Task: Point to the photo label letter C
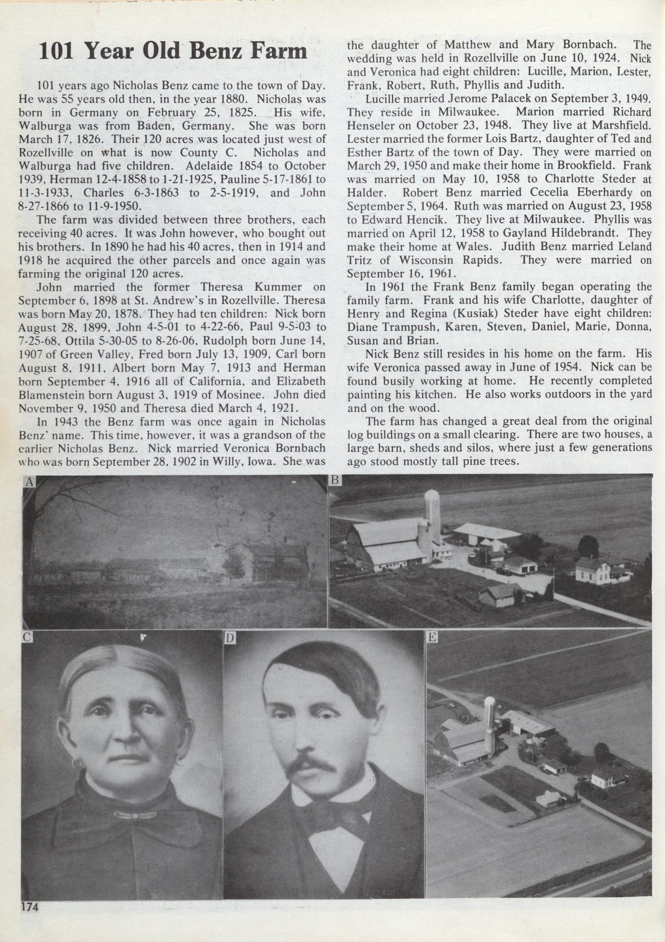tap(27, 637)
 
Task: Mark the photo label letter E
tap(432, 637)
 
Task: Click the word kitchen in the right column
tap(426, 394)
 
